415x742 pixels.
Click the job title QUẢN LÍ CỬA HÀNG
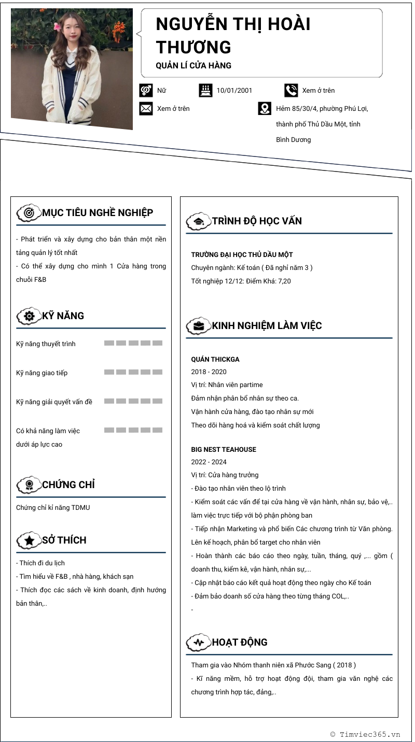(193, 66)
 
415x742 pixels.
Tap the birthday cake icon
(205, 90)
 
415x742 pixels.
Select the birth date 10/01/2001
(234, 91)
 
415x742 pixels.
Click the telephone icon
(291, 90)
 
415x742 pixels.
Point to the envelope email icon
(146, 108)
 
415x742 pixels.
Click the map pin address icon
(265, 108)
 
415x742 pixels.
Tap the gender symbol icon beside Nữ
(146, 90)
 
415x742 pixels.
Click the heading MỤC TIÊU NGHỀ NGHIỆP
(98, 212)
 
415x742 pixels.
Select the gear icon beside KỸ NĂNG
(29, 316)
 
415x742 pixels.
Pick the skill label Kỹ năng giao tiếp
(41, 373)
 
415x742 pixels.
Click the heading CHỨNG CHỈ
(68, 485)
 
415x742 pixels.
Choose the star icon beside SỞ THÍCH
(29, 540)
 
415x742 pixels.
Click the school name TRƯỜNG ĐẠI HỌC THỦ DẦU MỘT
(242, 255)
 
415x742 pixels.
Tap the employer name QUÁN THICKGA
(215, 360)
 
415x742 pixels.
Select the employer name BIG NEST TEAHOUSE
(224, 450)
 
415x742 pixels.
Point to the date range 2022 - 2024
(209, 462)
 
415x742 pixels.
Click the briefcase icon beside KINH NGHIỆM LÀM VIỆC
(198, 326)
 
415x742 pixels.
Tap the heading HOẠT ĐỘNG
(240, 643)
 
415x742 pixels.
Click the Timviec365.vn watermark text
(369, 734)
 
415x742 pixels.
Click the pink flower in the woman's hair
(57, 25)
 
